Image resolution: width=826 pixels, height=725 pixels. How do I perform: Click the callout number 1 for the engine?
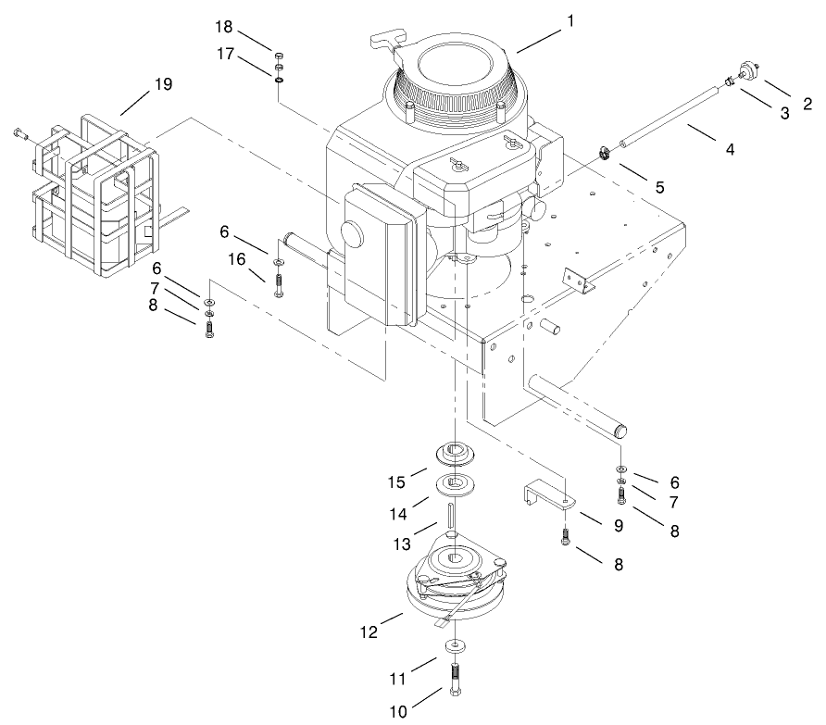(x=571, y=20)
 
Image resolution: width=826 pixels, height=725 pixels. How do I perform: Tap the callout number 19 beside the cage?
(x=163, y=84)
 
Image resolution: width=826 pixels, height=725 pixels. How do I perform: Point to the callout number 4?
(x=730, y=148)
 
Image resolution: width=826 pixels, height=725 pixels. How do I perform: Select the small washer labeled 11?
(x=455, y=644)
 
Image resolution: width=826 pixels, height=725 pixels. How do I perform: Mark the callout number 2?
(x=807, y=103)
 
